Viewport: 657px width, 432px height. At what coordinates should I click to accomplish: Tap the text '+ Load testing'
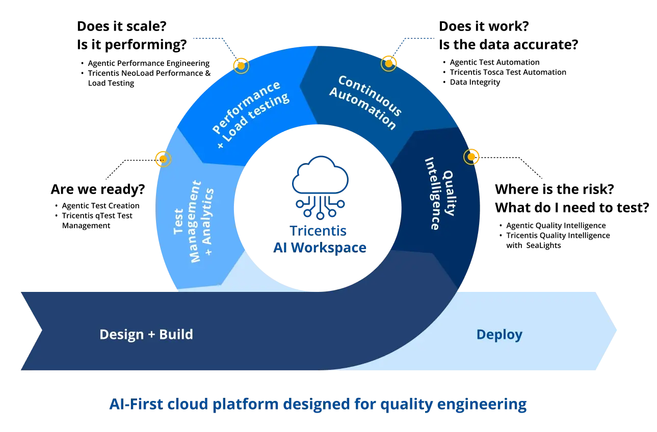[253, 121]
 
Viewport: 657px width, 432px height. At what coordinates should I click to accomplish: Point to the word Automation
[362, 109]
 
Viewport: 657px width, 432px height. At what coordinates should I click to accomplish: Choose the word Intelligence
[432, 194]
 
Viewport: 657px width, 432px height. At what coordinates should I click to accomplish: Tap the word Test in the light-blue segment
[179, 221]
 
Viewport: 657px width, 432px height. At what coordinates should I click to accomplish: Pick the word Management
[194, 222]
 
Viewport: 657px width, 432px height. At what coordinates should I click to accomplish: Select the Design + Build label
[146, 335]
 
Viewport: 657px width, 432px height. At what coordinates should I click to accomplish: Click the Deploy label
[499, 335]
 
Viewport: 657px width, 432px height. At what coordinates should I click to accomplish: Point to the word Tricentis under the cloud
[319, 230]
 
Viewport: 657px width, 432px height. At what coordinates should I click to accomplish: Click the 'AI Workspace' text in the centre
[320, 248]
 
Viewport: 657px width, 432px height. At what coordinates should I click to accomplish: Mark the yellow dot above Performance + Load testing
[241, 66]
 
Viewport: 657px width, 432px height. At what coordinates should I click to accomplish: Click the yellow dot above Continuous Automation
[388, 64]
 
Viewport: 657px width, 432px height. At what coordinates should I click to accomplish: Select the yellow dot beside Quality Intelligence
[471, 157]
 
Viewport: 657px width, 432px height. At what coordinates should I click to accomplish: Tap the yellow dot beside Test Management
[163, 159]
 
